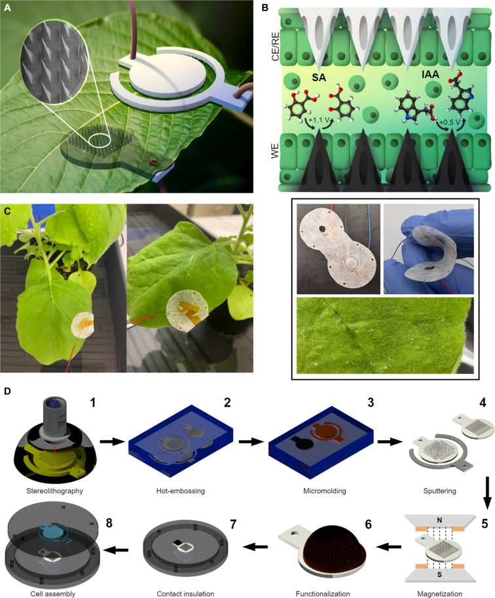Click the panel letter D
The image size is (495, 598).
click(8, 390)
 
